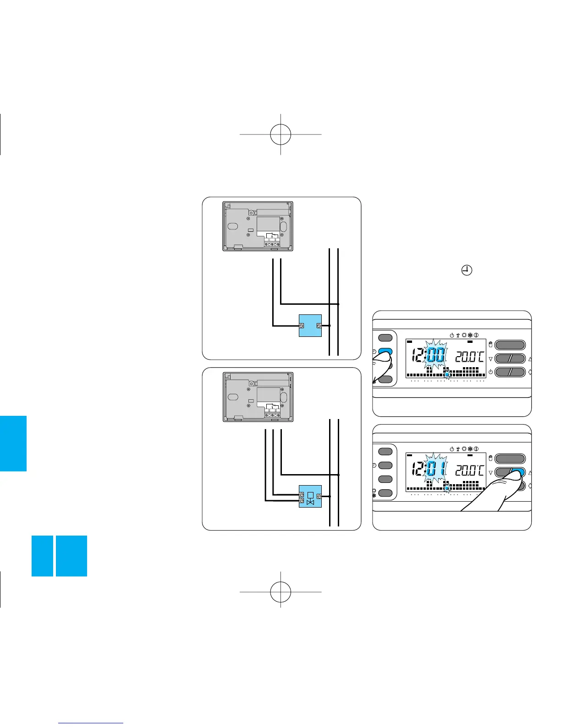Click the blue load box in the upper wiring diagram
(310, 325)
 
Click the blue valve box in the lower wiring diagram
(310, 496)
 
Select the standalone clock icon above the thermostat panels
(467, 271)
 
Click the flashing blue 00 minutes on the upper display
(435, 355)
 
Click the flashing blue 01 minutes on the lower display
(435, 469)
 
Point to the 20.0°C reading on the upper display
(469, 356)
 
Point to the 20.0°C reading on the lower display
(469, 470)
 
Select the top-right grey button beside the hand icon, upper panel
(510, 345)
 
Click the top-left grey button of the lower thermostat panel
(385, 451)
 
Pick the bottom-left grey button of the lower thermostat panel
(385, 493)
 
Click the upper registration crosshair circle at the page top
(280, 134)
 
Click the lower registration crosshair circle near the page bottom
(280, 592)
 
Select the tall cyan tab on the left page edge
(13, 443)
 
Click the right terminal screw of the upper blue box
(319, 325)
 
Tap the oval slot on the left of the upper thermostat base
(233, 227)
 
